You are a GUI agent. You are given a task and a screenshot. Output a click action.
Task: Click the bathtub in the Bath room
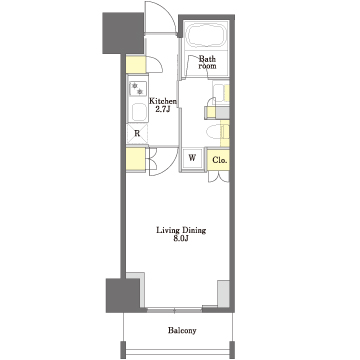point(206,36)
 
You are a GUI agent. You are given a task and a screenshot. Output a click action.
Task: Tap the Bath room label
point(207,62)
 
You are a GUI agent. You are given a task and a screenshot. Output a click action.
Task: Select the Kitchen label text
point(163,101)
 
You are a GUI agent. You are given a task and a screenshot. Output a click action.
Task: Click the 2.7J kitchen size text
point(163,109)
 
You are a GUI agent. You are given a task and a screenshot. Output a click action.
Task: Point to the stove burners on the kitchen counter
point(137,89)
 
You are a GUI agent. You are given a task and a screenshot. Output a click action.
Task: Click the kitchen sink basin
point(139,112)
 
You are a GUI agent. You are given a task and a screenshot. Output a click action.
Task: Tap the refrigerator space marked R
point(137,134)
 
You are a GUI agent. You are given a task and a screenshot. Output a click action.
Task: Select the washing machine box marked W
point(192,159)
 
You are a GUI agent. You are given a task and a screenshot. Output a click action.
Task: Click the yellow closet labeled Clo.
point(219,160)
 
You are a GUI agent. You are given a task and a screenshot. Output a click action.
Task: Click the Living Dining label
point(181,230)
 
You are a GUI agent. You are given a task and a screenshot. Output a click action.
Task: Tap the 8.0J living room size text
point(181,239)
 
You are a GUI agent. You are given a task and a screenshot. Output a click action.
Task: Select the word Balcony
point(182,331)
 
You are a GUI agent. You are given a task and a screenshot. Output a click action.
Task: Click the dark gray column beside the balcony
point(123,295)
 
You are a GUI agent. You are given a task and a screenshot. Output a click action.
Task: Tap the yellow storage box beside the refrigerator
point(136,159)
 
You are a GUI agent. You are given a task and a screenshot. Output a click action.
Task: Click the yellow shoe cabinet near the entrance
point(136,65)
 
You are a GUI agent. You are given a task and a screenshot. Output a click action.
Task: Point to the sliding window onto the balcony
point(174,310)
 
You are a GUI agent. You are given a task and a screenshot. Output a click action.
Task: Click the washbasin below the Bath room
point(219,92)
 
